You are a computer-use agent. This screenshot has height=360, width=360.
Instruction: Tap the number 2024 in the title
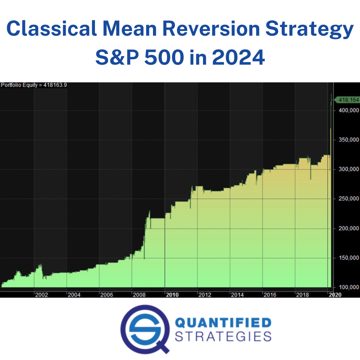coord(238,57)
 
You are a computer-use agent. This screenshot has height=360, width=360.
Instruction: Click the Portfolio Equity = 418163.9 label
coord(34,85)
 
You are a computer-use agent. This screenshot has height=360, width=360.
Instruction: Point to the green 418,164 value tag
coord(348,100)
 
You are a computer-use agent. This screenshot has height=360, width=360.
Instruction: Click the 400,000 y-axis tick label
coord(348,110)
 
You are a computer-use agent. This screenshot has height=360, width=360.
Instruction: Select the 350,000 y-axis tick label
coord(348,140)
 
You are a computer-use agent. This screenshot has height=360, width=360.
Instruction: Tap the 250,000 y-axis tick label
coord(348,199)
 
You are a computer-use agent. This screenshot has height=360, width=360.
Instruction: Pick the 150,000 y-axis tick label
coord(348,258)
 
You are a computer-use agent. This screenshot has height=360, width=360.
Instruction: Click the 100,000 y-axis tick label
coord(348,287)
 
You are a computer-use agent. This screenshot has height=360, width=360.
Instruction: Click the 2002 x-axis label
coord(41,295)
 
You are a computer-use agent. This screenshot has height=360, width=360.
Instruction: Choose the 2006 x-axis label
coord(107,295)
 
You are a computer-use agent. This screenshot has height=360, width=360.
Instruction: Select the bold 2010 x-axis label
coord(172,295)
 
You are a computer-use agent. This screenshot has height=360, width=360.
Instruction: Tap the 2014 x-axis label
coord(237,295)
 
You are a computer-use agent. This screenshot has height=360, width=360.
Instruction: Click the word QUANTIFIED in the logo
coord(223,323)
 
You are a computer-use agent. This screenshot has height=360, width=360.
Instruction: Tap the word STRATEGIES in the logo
coord(223,336)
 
